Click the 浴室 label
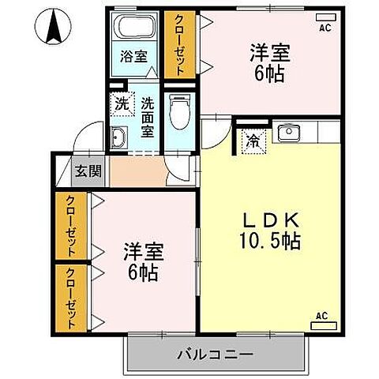click(x=133, y=57)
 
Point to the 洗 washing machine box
click(x=121, y=103)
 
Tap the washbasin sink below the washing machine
click(x=120, y=137)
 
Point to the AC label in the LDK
click(x=321, y=316)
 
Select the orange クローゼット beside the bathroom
click(x=179, y=43)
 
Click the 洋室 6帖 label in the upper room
click(x=270, y=62)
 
